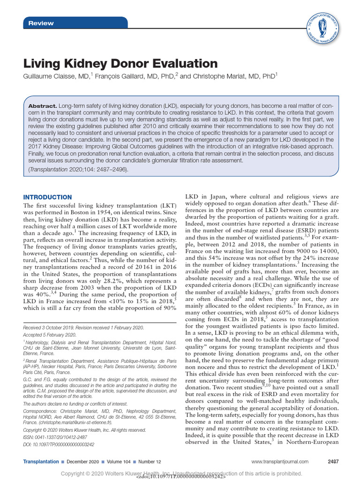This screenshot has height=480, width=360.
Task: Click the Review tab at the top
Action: click(x=41, y=23)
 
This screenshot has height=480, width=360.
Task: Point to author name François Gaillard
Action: click(x=122, y=75)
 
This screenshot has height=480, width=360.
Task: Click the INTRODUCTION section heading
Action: click(x=47, y=197)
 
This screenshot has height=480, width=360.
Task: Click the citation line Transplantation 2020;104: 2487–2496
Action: click(x=78, y=169)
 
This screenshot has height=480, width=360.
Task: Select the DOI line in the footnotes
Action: click(x=59, y=444)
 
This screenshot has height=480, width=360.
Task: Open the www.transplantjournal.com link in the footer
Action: click(x=280, y=462)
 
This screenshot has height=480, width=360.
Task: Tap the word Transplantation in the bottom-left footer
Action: click(x=41, y=462)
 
